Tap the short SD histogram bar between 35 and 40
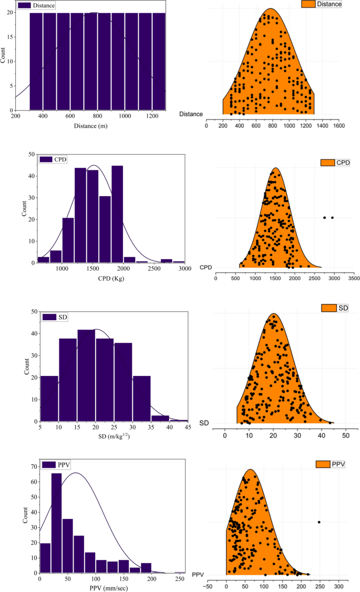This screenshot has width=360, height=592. click(160, 419)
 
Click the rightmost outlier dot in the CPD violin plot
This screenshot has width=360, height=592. click(332, 218)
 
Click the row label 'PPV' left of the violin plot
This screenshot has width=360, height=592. click(198, 574)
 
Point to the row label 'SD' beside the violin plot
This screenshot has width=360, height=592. click(204, 423)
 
